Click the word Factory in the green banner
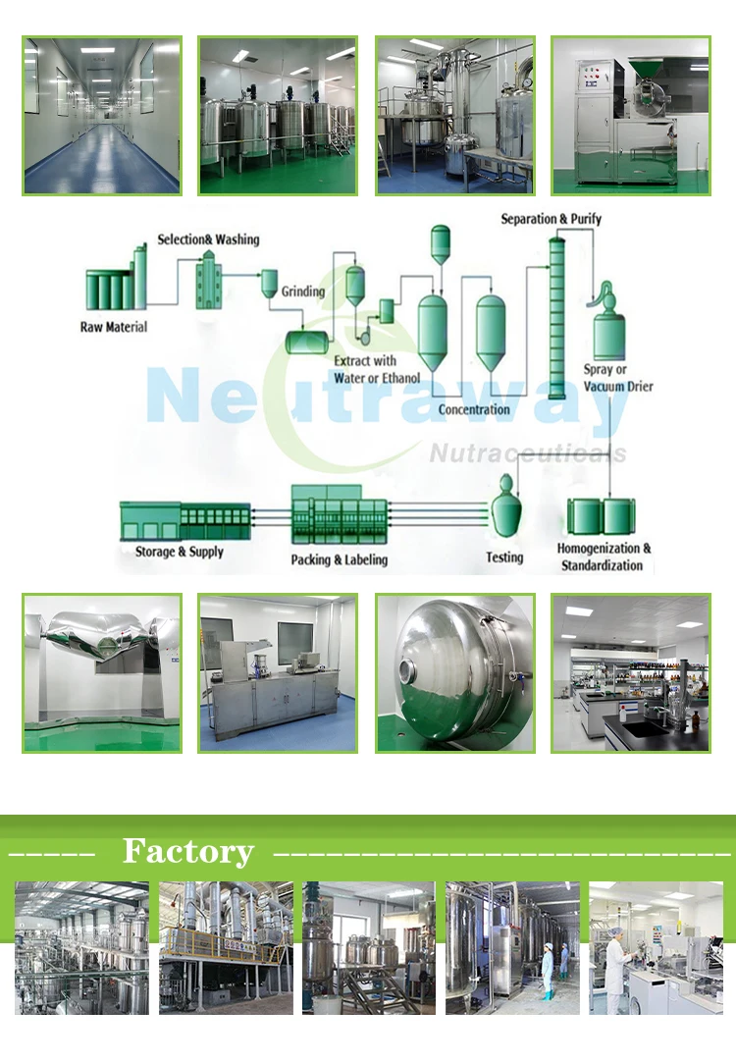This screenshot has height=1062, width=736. tap(187, 851)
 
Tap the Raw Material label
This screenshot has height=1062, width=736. tap(114, 327)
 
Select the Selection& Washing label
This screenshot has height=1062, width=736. tap(208, 239)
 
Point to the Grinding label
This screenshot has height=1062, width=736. tap(303, 292)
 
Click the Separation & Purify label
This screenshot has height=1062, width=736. tap(552, 219)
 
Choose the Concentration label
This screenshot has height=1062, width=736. tap(474, 409)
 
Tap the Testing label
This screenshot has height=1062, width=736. tap(504, 558)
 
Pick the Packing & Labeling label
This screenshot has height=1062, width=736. tap(340, 559)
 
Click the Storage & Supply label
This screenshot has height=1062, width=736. tap(180, 552)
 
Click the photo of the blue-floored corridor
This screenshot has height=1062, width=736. tap(102, 116)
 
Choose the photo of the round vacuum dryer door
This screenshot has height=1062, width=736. tap(455, 673)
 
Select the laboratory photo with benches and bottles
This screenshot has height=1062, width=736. tap(630, 673)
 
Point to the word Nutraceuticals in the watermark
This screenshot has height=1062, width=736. tap(527, 452)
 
